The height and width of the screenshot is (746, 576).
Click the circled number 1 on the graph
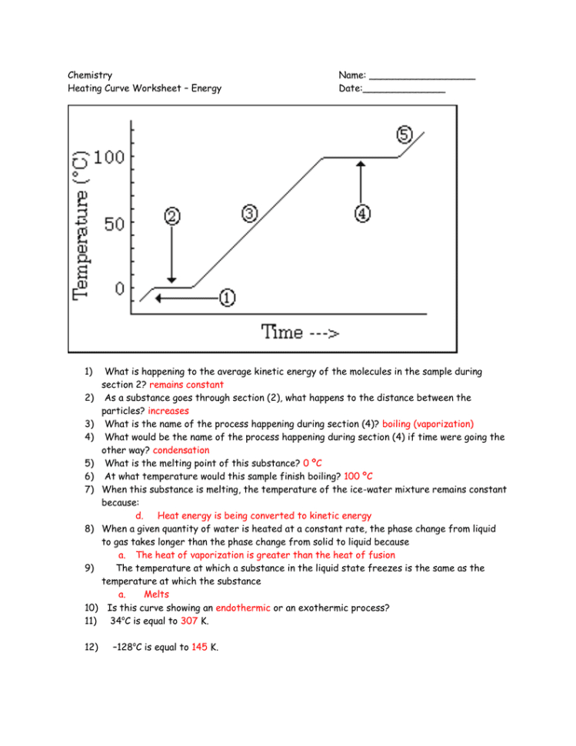(228, 297)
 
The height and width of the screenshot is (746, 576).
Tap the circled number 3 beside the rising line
(250, 213)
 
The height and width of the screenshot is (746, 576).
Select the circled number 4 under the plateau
(362, 213)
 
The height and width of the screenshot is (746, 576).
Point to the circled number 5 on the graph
(405, 135)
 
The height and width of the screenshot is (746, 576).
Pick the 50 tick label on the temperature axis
(114, 224)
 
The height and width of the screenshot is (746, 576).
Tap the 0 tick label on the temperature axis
(119, 289)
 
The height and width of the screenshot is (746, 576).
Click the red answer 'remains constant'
(187, 385)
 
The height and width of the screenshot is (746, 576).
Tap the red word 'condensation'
(181, 450)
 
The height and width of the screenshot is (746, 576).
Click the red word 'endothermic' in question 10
(243, 608)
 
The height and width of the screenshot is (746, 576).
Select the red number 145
(198, 648)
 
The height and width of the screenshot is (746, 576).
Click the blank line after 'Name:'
(421, 75)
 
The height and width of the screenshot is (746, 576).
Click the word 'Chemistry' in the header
(90, 75)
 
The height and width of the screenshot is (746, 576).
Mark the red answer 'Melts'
(156, 594)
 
